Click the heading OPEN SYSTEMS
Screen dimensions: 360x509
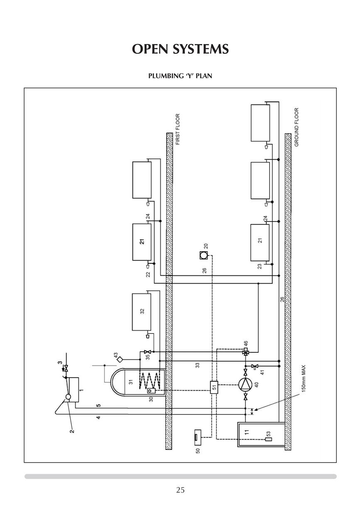click(x=180, y=49)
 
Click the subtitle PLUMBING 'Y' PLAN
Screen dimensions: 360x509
click(x=180, y=76)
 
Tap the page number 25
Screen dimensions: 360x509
click(x=180, y=490)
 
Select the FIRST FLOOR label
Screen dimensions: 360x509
click(x=178, y=129)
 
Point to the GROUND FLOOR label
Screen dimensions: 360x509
click(x=296, y=127)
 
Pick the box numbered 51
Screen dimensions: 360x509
click(x=214, y=387)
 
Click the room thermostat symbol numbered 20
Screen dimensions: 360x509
click(x=203, y=256)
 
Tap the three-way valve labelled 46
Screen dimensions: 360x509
click(x=245, y=353)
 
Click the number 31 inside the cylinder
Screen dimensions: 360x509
click(x=130, y=382)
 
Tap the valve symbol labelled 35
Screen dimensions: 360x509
click(x=146, y=352)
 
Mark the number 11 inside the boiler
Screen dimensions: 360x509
click(x=247, y=431)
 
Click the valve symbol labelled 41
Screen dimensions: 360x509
click(x=254, y=366)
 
